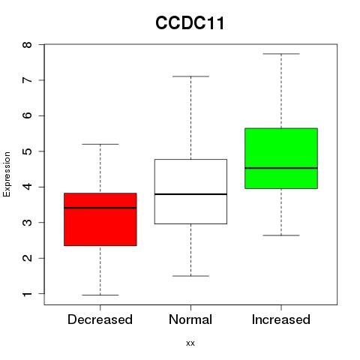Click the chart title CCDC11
click(190, 23)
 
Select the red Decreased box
click(100, 219)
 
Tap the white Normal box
click(190, 191)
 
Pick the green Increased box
click(281, 158)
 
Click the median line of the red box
click(100, 208)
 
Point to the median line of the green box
click(281, 168)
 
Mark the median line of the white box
click(190, 194)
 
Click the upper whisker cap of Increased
click(281, 54)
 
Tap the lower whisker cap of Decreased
click(100, 295)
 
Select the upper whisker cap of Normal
click(190, 76)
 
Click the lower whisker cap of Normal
click(190, 276)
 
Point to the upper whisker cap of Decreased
click(100, 144)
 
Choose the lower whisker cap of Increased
click(281, 235)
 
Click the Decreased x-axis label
click(100, 319)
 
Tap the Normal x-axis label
click(190, 319)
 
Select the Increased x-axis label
click(281, 319)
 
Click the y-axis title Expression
click(7, 174)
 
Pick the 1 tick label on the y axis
click(27, 294)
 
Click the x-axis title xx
click(190, 343)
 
